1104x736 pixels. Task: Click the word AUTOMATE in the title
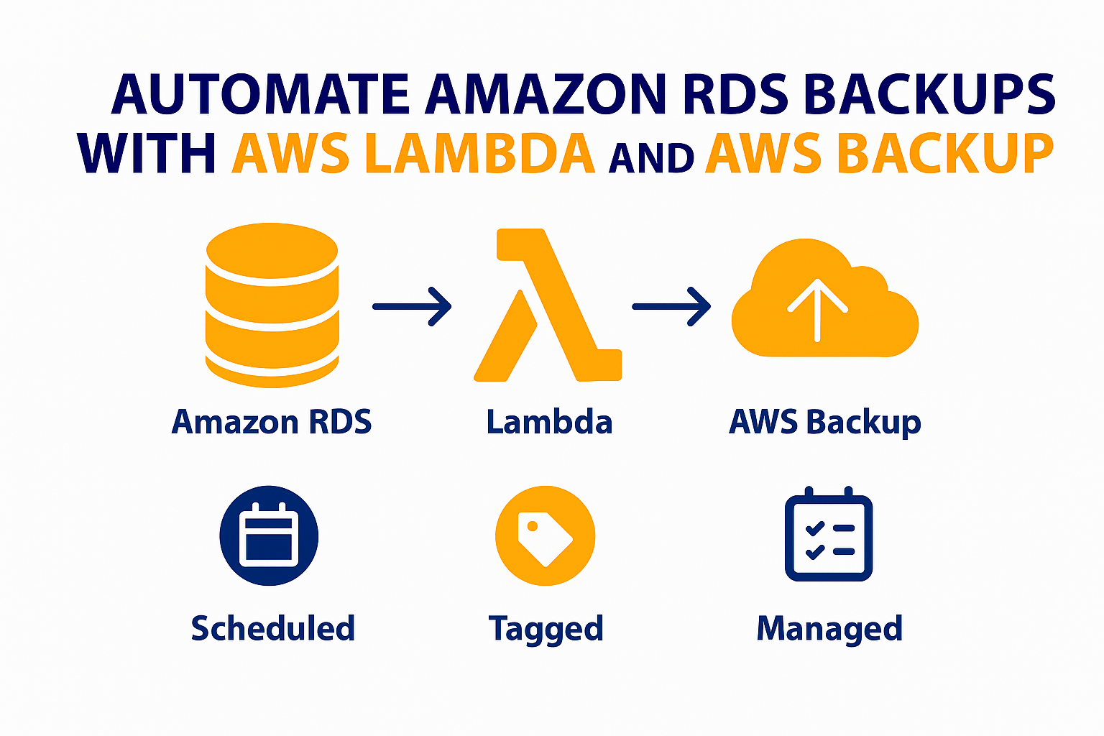click(261, 96)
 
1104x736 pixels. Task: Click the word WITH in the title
click(147, 154)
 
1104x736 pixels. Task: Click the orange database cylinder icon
click(272, 305)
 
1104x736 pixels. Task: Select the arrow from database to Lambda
click(412, 307)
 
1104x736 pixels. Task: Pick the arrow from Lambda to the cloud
click(671, 307)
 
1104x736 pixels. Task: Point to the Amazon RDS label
click(272, 422)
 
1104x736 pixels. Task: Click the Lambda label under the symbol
click(549, 422)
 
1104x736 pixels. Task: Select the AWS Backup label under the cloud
click(824, 422)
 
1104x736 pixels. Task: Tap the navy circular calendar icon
click(269, 535)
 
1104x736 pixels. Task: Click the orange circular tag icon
click(545, 535)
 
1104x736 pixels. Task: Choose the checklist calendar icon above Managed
click(828, 535)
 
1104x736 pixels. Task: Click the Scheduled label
click(273, 628)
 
